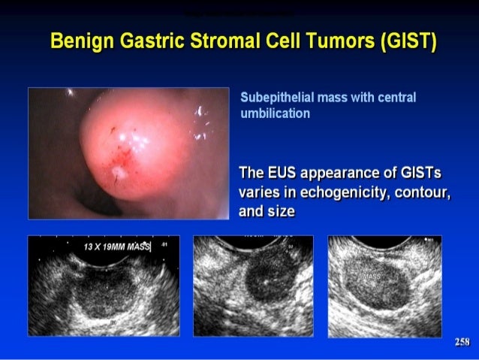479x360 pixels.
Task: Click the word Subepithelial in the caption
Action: tap(276, 98)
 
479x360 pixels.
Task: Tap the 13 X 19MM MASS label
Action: tap(117, 247)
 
